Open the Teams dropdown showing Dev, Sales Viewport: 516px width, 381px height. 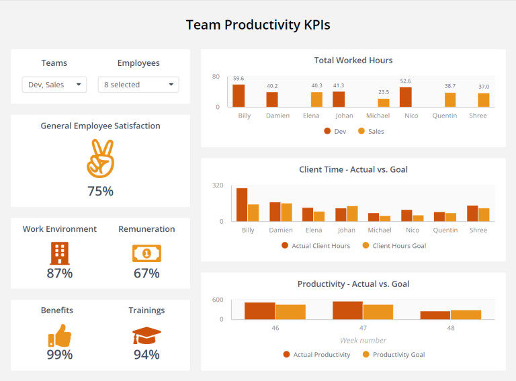point(54,85)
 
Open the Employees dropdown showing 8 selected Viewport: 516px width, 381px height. point(138,85)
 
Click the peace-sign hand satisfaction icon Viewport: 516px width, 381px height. point(100,158)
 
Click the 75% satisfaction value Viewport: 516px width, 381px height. point(100,191)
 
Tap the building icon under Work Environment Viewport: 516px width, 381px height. point(59,253)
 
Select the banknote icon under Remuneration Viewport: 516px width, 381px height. point(146,253)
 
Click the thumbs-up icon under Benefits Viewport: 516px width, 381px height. point(59,335)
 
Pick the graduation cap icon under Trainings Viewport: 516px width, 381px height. point(146,335)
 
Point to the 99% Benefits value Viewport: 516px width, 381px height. point(59,354)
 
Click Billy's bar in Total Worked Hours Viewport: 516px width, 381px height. point(239,95)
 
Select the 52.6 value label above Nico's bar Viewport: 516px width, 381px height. point(405,81)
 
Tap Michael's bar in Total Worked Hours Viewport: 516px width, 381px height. point(384,103)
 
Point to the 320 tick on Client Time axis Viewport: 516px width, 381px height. point(218,185)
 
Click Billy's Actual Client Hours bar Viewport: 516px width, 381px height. point(242,204)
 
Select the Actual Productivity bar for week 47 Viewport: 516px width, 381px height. point(347,310)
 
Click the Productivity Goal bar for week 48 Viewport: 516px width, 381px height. point(466,314)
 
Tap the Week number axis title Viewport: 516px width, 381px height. point(363,340)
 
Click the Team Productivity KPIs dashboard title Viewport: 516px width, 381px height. point(258,26)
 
